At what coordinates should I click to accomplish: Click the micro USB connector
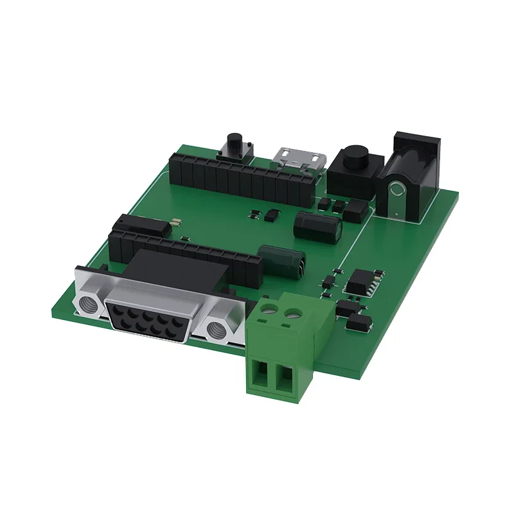click(299, 159)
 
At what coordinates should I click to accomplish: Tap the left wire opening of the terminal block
click(261, 375)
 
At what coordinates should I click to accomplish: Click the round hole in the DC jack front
click(397, 191)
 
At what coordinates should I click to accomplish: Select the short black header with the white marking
click(144, 225)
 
